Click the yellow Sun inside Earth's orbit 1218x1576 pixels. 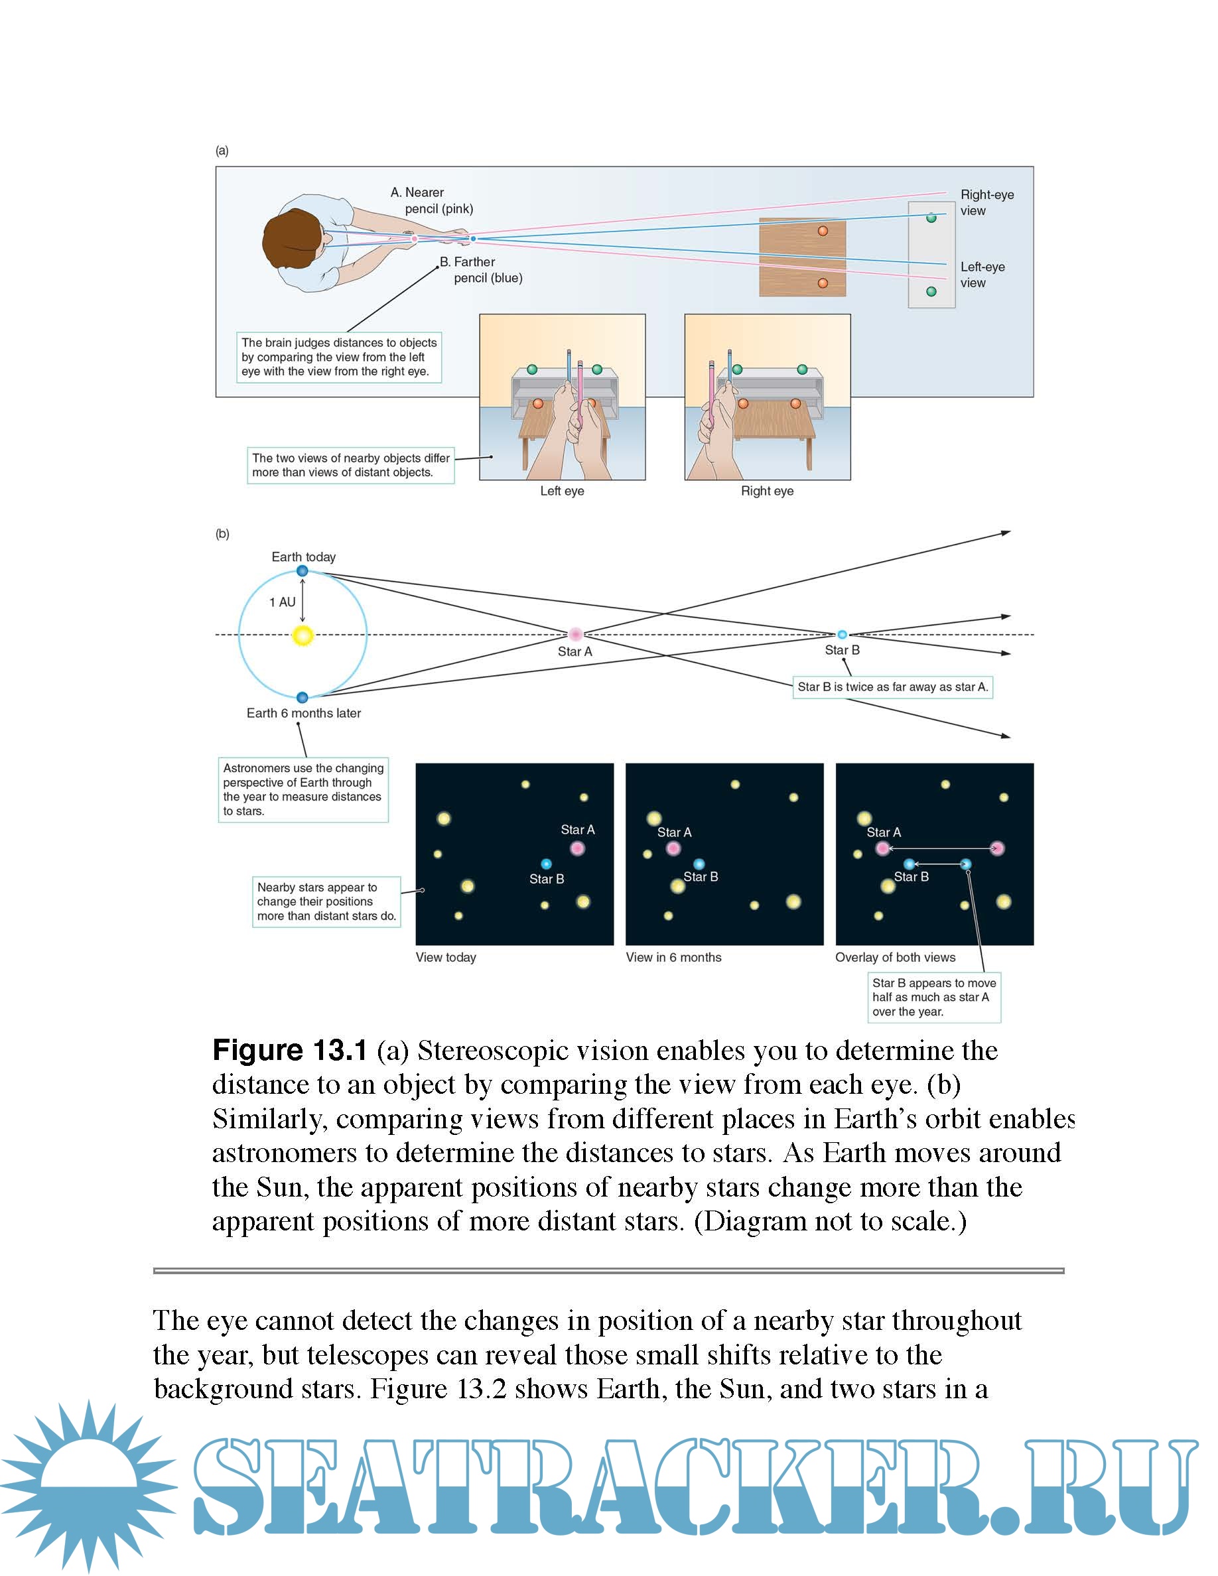303,635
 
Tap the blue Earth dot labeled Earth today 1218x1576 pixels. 303,571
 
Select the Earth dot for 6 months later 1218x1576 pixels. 303,697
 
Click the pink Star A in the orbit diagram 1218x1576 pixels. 575,634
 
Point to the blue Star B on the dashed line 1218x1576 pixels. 842,634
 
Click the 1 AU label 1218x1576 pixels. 282,602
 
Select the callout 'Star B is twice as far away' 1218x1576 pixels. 892,687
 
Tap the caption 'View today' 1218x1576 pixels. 446,957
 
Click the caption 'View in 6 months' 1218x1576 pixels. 673,957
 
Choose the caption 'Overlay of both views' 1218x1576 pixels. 895,957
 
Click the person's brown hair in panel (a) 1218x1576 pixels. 289,238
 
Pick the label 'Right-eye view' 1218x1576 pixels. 986,202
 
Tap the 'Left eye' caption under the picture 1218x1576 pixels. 562,491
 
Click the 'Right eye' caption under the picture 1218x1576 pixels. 767,491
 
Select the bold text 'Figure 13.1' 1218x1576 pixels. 290,1051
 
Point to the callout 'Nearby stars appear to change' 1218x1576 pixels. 326,901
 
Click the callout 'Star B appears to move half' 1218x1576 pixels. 933,996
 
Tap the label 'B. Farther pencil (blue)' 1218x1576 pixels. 480,270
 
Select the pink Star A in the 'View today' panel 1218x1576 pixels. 577,848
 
